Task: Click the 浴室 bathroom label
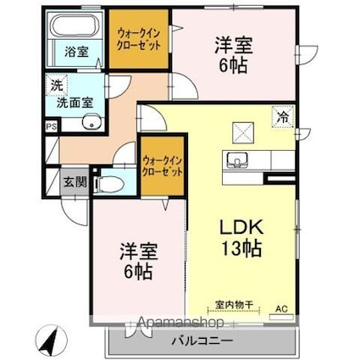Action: tap(76, 51)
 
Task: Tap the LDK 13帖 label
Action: tap(241, 238)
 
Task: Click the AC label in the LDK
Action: tap(281, 310)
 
